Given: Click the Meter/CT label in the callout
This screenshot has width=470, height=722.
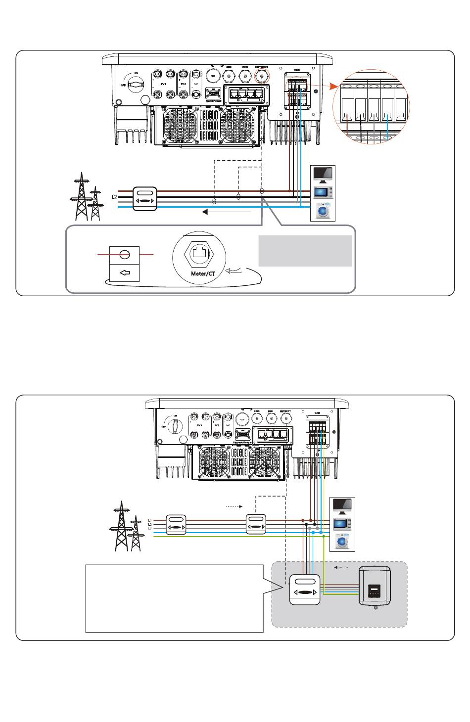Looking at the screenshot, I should click(203, 273).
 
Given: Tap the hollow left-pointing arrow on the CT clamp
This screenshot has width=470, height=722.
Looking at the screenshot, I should click(125, 272).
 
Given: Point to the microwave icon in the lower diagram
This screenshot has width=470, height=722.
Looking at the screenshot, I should click(342, 524).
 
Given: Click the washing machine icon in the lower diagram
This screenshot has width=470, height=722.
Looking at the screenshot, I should click(342, 541).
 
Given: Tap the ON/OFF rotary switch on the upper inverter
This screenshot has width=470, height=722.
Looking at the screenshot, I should click(135, 85).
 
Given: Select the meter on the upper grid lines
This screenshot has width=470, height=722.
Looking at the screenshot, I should click(145, 199).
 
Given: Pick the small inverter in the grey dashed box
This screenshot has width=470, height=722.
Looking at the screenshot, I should click(375, 587).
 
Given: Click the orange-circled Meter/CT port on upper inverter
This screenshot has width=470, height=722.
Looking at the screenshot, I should click(262, 76).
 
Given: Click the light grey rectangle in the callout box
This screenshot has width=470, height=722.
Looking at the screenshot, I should click(305, 251).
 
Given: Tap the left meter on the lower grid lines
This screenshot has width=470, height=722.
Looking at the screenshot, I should click(176, 524).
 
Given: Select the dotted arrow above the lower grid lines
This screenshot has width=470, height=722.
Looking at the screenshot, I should click(234, 506).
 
